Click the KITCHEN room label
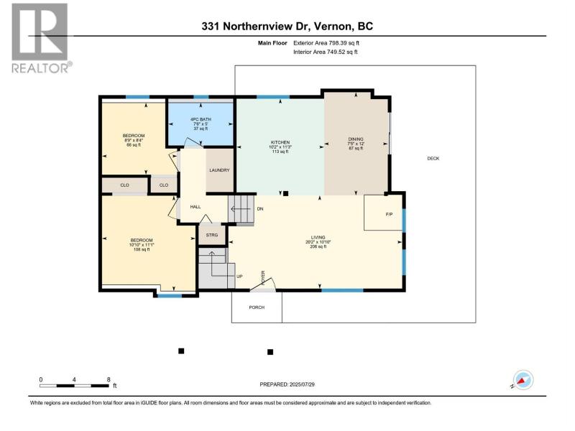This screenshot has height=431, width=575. point(280,142)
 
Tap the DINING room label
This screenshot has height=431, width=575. point(356,139)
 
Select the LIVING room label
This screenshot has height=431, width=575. point(318,238)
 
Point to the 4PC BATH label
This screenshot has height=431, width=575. point(201,119)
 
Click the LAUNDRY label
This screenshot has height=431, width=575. point(219,170)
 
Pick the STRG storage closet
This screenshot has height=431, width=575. point(212,235)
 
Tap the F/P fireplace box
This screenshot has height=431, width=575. point(383,213)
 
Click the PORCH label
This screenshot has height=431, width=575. point(257,307)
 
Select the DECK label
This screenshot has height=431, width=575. point(433,159)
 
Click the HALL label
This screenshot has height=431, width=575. point(195,207)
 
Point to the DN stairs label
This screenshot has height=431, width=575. point(260,209)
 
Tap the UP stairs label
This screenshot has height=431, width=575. point(239,277)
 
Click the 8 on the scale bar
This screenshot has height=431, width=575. point(109,380)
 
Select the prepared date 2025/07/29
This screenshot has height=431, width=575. point(302,384)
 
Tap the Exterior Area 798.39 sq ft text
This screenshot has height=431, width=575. point(326,43)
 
